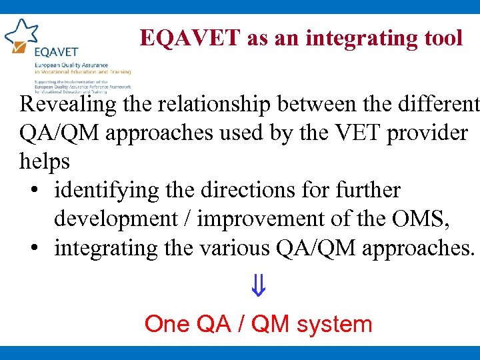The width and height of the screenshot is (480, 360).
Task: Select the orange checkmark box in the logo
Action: (20, 48)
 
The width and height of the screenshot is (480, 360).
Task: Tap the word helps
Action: (45, 162)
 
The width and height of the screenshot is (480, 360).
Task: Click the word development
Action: (121, 219)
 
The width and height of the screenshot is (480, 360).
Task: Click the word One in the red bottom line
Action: (167, 325)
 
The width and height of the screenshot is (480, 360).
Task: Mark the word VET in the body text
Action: (345, 133)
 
